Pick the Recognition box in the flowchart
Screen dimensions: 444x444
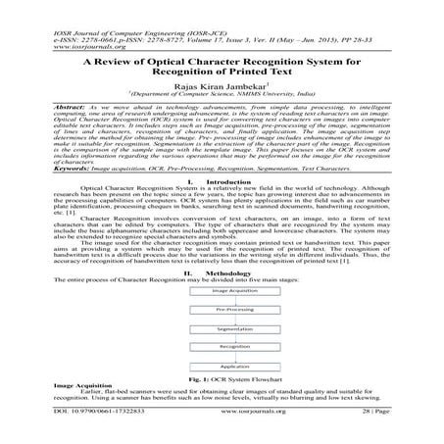pyautogui.click(x=222, y=346)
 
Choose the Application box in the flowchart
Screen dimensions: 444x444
pyautogui.click(x=222, y=364)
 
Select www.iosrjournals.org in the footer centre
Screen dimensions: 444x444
pyautogui.click(x=223, y=427)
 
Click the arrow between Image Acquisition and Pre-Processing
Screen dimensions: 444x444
pyautogui.click(x=222, y=302)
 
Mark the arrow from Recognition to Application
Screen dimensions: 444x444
pyautogui.click(x=222, y=355)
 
